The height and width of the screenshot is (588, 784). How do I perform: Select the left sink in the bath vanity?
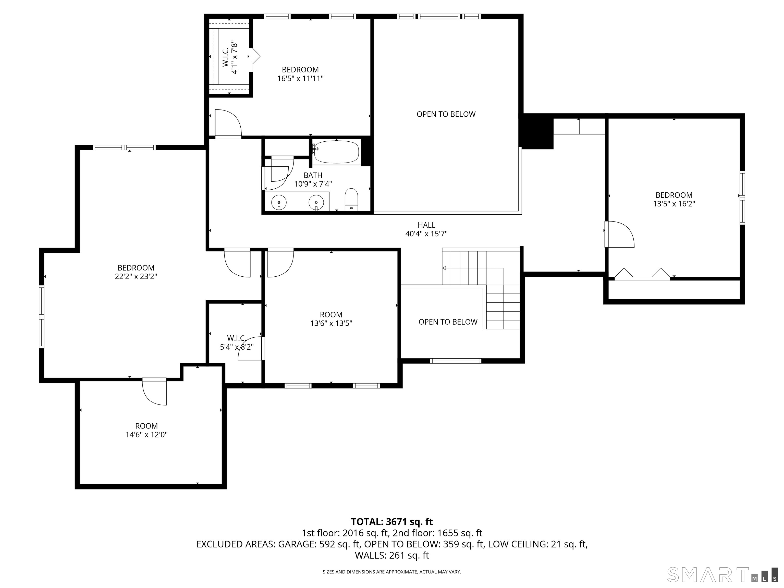pos(279,203)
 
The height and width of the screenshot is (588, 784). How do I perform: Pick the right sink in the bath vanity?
pos(316,203)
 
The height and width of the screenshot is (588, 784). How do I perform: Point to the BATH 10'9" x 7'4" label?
pos(313,179)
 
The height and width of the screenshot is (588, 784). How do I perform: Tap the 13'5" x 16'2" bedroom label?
pos(674,199)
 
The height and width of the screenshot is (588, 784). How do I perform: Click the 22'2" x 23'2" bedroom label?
pos(136,272)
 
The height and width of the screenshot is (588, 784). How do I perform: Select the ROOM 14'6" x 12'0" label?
pos(146,430)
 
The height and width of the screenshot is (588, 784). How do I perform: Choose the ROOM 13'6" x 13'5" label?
pos(331,319)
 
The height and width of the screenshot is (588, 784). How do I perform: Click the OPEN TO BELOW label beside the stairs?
pos(448,322)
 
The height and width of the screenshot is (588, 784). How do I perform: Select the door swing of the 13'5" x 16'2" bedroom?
pos(620,234)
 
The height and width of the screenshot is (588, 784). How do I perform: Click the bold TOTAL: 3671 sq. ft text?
pos(392,522)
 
